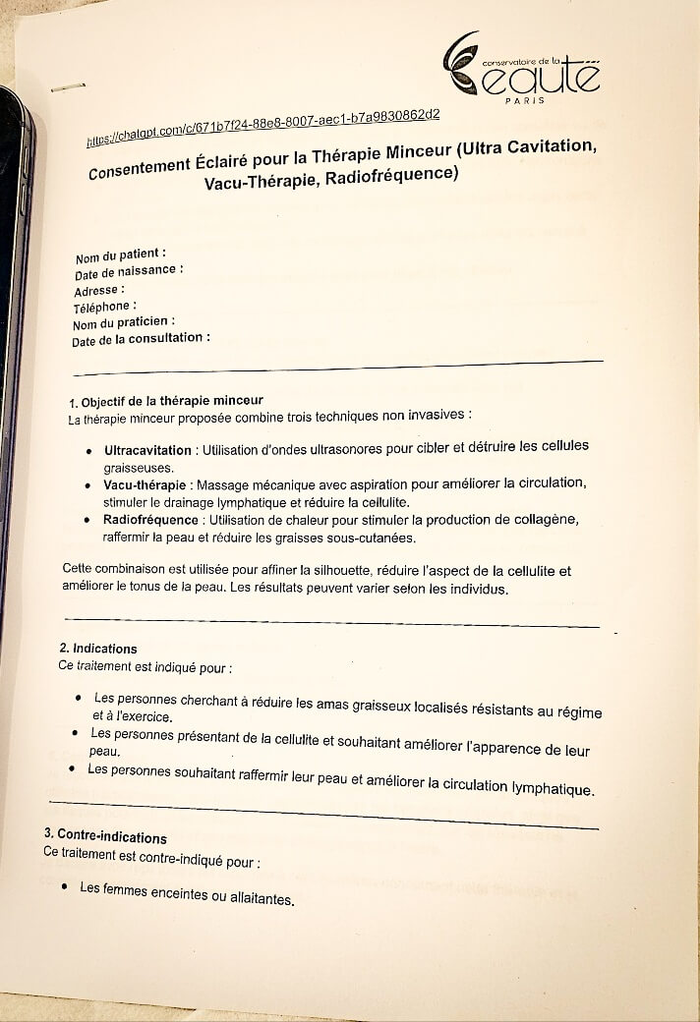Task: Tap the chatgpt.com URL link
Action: click(x=262, y=128)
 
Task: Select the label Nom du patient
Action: click(x=121, y=255)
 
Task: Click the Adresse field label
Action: click(x=99, y=291)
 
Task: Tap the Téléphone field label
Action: click(x=104, y=308)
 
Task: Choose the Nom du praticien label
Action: click(x=123, y=323)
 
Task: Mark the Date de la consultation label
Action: click(x=140, y=340)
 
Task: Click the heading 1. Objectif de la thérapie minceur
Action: click(x=166, y=401)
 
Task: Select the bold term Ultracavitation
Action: click(x=148, y=451)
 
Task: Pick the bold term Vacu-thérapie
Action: click(x=145, y=485)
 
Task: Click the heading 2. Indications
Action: click(x=98, y=649)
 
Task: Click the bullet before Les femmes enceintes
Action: click(x=63, y=886)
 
